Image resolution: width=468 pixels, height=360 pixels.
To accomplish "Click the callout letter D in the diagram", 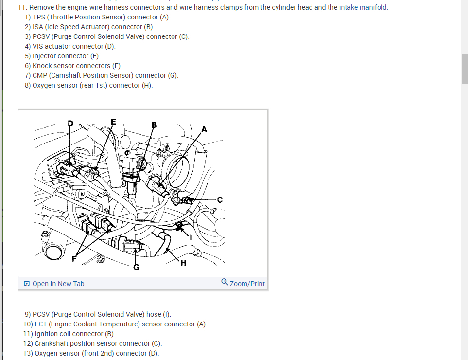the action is (70, 124).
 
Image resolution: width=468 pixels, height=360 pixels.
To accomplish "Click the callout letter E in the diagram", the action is (114, 122).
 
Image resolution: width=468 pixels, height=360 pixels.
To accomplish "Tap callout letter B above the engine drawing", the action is (155, 125).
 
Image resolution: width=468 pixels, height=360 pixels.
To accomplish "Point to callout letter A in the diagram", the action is (204, 129).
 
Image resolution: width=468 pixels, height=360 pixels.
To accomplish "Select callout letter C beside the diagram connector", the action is (220, 199).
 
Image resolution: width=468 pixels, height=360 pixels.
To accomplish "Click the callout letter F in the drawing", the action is (74, 259).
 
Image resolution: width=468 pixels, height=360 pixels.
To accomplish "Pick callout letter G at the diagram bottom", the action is (136, 267).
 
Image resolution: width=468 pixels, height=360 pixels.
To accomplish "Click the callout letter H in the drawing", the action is (183, 263).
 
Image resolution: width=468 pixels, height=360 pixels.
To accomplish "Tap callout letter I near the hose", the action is (191, 238).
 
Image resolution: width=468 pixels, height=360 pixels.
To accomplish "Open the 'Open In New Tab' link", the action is (58, 284).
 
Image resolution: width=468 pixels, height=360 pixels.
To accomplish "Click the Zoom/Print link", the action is (247, 284).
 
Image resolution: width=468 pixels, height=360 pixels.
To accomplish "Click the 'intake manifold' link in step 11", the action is (363, 7).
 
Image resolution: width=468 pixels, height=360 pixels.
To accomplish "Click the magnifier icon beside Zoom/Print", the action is (224, 282).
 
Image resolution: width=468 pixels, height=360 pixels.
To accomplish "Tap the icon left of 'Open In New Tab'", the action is (27, 284).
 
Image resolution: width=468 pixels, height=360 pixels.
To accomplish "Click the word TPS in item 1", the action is (39, 17).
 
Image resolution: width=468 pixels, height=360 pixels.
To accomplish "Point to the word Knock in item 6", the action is (42, 66).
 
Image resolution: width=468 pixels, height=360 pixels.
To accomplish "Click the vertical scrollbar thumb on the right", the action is (465, 69).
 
